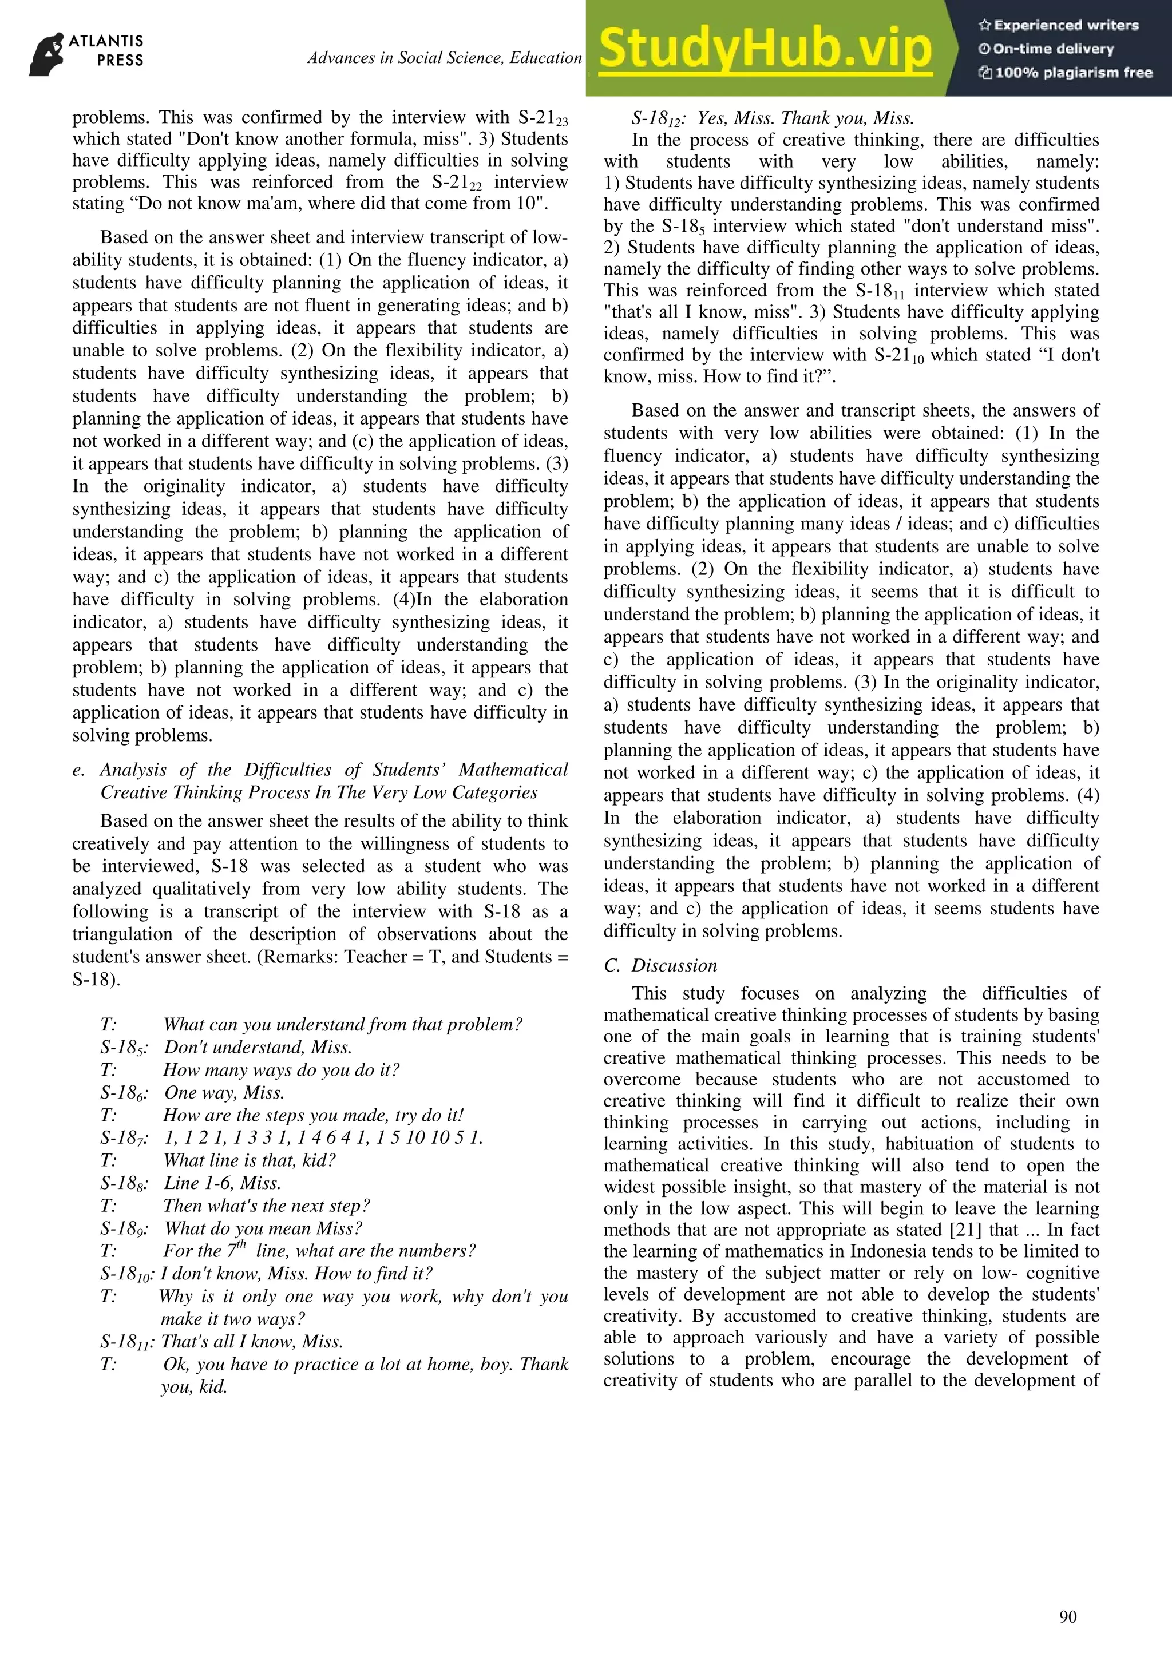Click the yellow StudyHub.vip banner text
click(765, 49)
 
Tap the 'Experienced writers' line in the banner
click(1059, 25)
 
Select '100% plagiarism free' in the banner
click(1066, 72)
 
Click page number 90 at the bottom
click(1067, 1616)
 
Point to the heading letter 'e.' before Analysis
click(78, 771)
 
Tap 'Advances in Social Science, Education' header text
click(444, 58)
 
